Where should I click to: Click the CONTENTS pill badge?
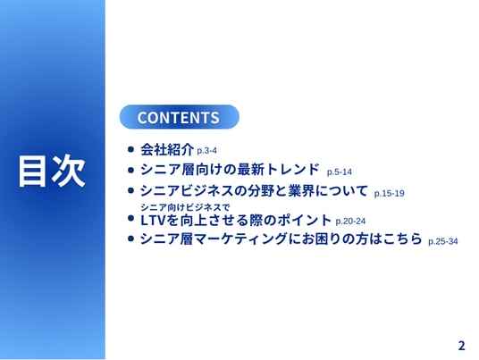click(180, 117)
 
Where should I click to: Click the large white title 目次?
click(52, 171)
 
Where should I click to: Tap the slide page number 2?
click(461, 346)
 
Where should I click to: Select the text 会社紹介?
click(167, 149)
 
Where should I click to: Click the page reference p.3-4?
click(206, 151)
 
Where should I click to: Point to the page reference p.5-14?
click(340, 172)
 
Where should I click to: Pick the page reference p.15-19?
click(390, 194)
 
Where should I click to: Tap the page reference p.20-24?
click(350, 222)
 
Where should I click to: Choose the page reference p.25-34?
click(443, 242)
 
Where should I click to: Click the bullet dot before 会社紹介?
click(130, 149)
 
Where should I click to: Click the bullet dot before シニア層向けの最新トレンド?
click(130, 170)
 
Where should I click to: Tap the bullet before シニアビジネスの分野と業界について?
click(130, 191)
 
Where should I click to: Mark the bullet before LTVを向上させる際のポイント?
click(130, 218)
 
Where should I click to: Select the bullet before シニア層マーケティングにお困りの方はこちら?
click(130, 239)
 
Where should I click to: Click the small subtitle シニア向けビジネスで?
click(185, 207)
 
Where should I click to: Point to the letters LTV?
click(153, 221)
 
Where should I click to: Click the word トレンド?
click(292, 170)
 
